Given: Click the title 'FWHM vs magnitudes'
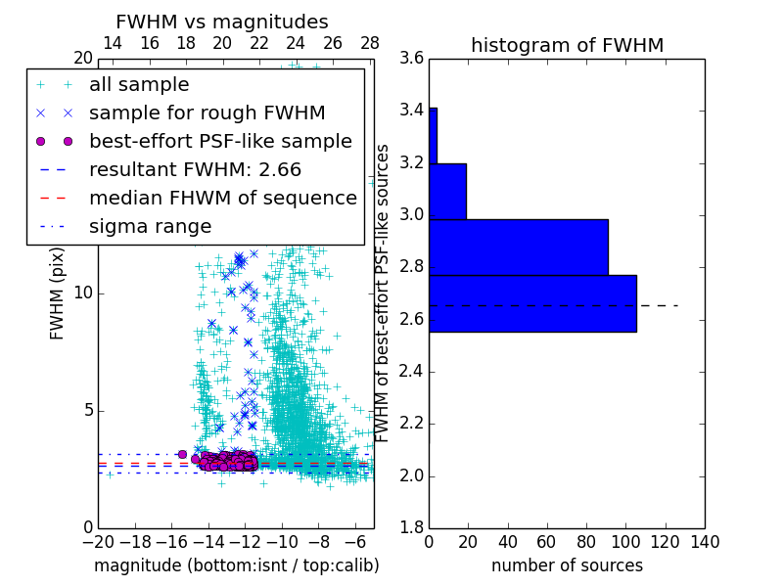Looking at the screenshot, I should tap(222, 22).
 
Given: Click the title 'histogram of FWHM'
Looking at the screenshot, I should tap(567, 45).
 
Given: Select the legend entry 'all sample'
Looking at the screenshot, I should tap(139, 85).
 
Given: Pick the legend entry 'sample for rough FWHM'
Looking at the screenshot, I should tap(207, 113).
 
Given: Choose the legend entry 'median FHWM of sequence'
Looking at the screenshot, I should tap(222, 199).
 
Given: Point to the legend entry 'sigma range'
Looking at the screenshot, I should tap(150, 227).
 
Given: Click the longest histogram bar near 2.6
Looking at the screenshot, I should tap(532, 303).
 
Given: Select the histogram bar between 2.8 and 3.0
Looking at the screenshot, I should tap(518, 248).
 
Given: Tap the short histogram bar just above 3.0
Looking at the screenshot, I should tap(447, 191).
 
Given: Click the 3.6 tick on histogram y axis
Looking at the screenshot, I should tap(412, 58).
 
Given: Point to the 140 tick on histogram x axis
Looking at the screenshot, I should tap(705, 541).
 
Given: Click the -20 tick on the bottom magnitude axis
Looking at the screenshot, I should tap(98, 541).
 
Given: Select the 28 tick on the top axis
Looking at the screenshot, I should tap(370, 43).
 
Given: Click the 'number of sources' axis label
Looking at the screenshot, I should tap(567, 565).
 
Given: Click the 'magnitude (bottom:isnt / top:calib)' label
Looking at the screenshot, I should tap(236, 565).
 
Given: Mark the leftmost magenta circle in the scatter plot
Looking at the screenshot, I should tap(182, 454).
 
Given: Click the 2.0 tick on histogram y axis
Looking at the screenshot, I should tap(412, 475).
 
